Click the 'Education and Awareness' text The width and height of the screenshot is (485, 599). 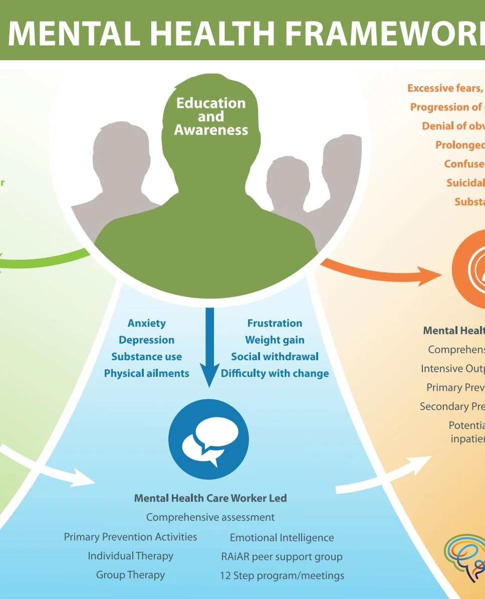point(211,116)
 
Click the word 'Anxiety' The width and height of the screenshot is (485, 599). point(146,323)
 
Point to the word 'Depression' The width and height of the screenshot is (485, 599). point(146,340)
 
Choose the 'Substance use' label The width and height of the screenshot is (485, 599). point(146,357)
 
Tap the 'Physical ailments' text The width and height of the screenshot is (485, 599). point(146,373)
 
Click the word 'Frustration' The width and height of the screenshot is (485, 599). point(275,323)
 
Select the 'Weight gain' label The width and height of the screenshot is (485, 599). point(275,340)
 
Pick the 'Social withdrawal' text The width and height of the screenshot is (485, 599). point(275,357)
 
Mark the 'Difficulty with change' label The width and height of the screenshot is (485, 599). point(275,373)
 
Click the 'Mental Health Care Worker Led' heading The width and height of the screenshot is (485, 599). point(210,498)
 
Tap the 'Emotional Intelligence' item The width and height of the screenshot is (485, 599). point(282,537)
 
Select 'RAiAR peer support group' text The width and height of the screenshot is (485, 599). point(282,556)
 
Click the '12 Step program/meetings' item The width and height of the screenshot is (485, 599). point(282,575)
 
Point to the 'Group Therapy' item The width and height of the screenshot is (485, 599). point(130,575)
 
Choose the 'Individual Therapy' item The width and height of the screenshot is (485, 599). point(130,556)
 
